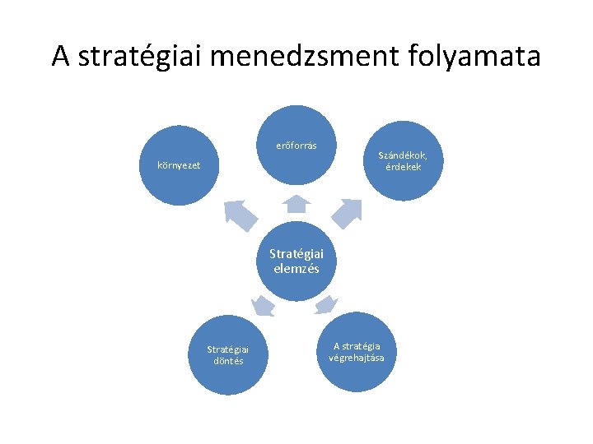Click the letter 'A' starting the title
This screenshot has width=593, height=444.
(x=60, y=57)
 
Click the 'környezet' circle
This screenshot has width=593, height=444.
(x=179, y=165)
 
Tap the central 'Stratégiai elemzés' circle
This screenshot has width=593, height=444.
(x=296, y=260)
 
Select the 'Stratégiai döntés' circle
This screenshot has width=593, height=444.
(x=228, y=355)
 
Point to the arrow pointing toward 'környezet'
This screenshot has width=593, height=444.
(x=240, y=215)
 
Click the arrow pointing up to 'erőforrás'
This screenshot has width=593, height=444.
(x=296, y=204)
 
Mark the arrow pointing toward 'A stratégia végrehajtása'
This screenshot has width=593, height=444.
(x=325, y=304)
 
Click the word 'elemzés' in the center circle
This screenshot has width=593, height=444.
(x=296, y=268)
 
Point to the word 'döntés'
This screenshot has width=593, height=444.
(x=228, y=361)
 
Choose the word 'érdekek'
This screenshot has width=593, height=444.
(x=403, y=166)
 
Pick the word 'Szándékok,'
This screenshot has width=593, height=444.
(x=403, y=155)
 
